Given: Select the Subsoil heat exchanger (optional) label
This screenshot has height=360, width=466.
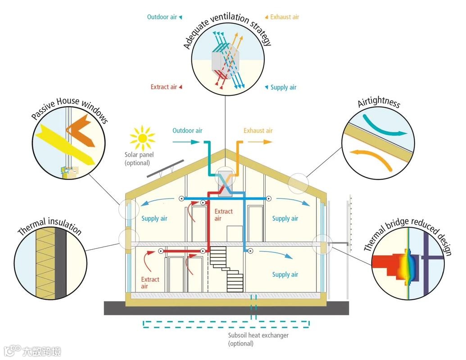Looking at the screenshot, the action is [258, 339].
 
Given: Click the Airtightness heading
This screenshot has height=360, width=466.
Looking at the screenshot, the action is [379, 102].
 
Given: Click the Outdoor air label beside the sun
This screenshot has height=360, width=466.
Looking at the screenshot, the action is [187, 131].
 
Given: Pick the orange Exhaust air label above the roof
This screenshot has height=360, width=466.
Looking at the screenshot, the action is [258, 131].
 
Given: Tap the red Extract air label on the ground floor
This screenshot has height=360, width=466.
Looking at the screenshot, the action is [150, 283].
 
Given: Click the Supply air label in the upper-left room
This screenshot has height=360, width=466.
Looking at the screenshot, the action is [154, 219].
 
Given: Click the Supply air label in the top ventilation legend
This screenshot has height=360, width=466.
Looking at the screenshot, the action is [283, 87].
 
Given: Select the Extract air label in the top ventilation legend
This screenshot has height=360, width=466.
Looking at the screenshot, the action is [164, 87].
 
